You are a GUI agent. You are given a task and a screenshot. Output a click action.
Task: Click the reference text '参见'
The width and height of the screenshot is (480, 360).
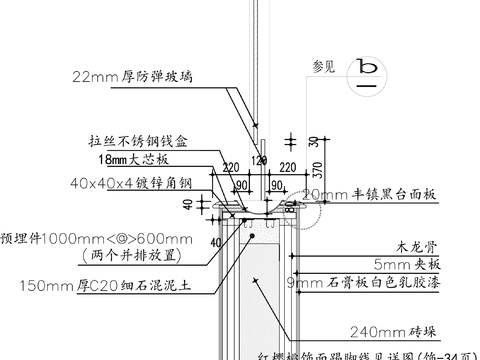tap(323, 68)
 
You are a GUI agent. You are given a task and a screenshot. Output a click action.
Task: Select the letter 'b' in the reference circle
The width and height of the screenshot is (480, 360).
tap(369, 68)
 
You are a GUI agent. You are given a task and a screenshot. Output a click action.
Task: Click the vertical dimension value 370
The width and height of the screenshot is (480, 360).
tap(314, 171)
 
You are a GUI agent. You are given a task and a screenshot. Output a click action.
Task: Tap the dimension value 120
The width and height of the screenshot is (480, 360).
tap(259, 160)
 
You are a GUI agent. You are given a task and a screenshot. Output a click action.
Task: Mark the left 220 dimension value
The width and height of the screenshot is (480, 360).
tap(229, 167)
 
